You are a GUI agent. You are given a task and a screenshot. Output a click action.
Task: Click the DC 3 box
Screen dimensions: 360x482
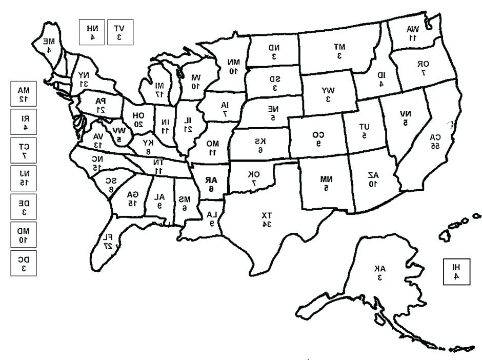point(24,263)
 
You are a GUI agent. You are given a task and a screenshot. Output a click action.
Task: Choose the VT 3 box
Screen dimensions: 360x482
point(119,32)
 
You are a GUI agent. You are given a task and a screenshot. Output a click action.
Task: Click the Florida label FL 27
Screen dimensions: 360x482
point(107,241)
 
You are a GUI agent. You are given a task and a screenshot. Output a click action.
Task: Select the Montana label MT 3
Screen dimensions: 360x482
point(339,50)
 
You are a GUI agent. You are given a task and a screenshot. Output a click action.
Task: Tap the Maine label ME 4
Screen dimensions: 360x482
point(48,45)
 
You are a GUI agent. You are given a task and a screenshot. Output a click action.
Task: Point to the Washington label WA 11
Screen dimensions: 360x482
point(413,33)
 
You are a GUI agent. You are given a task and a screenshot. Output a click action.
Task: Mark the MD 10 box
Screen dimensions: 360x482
point(24,235)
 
